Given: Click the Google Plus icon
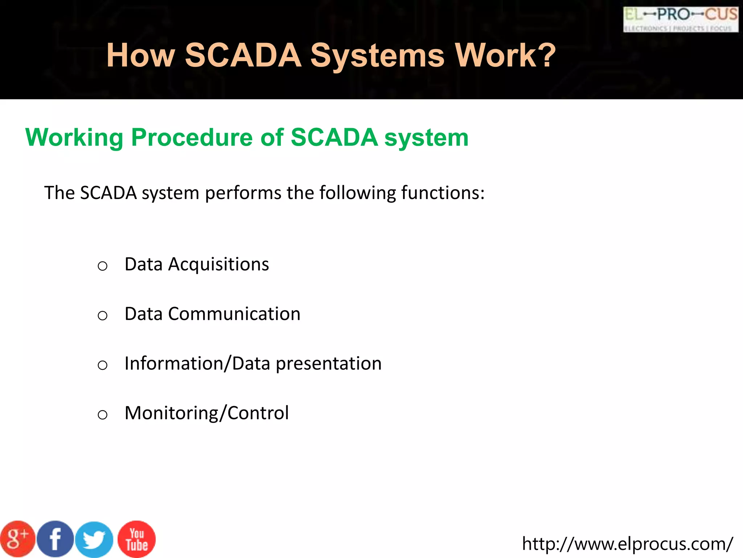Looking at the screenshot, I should point(17,539).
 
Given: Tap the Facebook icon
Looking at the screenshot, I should point(55,539).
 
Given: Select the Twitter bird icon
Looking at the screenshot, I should point(94,540).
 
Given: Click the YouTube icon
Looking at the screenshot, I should point(137,539).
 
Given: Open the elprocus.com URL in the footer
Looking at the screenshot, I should point(627,544).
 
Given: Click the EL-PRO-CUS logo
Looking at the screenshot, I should point(681,19).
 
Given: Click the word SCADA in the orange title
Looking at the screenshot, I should point(243,55).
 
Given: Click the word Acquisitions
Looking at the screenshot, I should point(218,264).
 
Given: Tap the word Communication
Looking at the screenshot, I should point(234,314).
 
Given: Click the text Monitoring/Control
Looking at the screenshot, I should point(206,413).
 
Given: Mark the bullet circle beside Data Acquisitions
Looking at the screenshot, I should point(103,266).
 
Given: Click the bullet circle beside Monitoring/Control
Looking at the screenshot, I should point(103,415).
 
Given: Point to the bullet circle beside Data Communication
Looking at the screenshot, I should point(103,316).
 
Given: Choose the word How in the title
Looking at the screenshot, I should point(140,55).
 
